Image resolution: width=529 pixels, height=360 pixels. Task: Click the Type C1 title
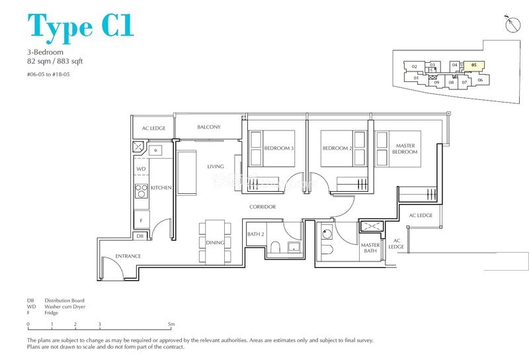[81, 26]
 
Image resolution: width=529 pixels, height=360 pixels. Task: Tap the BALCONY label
[209, 127]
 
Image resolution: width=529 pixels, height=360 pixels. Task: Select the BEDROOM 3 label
[278, 149]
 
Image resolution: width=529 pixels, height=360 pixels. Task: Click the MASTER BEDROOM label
[405, 149]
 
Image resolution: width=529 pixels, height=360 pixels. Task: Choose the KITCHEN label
[161, 188]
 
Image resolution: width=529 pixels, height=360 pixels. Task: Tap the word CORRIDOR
[263, 207]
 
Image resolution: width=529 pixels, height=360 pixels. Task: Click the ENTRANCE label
[128, 256]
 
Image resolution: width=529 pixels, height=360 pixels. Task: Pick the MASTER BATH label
[370, 249]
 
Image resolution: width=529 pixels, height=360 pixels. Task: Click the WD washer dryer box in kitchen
[141, 169]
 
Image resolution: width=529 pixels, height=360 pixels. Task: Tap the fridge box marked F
[141, 218]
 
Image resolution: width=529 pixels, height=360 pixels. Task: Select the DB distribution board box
[140, 236]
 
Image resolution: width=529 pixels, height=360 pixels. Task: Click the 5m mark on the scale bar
[171, 325]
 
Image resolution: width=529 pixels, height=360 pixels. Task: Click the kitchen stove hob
[141, 191]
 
